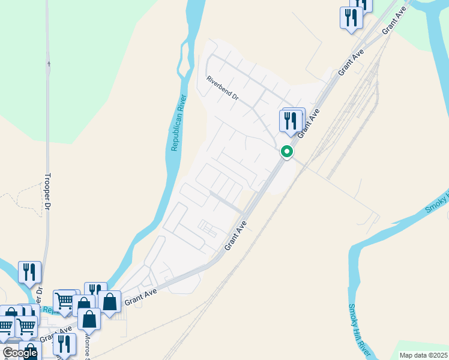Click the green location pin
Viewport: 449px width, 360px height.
tap(287, 152)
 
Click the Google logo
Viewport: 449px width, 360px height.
tap(20, 353)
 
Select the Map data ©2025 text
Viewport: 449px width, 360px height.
tap(423, 355)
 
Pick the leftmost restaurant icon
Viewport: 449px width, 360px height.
tap(29, 272)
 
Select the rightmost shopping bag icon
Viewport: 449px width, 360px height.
tap(110, 302)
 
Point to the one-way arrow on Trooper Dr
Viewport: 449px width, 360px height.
tap(48, 62)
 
